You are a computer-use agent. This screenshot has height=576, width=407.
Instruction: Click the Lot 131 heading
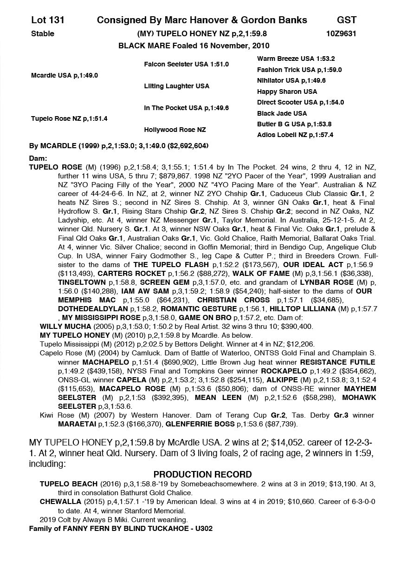pos(48,20)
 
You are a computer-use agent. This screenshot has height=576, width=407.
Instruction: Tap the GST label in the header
pos(347,20)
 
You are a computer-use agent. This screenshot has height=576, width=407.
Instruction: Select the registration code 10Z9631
pos(342,33)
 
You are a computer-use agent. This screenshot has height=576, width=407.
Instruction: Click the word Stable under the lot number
pos(43,33)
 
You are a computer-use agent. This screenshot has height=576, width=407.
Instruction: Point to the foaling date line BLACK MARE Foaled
pos(194,46)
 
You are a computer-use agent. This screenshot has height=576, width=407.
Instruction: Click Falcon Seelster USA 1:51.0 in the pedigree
pos(186,64)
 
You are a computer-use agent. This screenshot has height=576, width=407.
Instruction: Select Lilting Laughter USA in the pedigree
pos(176,86)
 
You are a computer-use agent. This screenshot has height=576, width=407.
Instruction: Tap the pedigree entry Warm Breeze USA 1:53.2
pos(296,59)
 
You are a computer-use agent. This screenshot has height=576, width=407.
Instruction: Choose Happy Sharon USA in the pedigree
pos(287,92)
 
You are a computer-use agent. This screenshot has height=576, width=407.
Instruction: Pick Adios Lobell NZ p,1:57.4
pos(295,135)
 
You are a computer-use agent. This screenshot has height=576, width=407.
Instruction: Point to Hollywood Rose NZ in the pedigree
pos(175,130)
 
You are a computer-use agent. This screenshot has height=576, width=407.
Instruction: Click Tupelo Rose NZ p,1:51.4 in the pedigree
pos(69,118)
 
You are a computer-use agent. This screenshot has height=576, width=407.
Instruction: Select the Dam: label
pos(38,158)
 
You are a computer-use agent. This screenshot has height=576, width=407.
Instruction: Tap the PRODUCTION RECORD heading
pos(203,474)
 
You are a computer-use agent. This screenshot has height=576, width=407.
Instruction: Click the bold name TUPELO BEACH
pos(69,484)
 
